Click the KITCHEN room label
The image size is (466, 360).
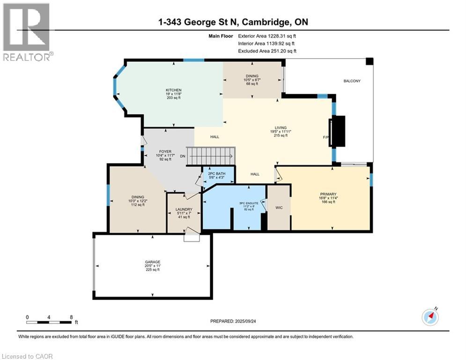click(x=173, y=90)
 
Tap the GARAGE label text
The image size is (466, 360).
click(x=153, y=262)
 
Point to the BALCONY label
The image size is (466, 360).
click(x=352, y=81)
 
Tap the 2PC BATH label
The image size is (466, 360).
click(x=216, y=173)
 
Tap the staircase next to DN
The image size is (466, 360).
click(x=211, y=156)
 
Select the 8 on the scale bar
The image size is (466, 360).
click(x=71, y=317)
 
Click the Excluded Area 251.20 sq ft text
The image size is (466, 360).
click(x=267, y=51)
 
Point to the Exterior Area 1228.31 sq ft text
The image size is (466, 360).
click(x=267, y=35)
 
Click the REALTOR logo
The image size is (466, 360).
click(x=28, y=32)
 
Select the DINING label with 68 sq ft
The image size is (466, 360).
click(x=252, y=76)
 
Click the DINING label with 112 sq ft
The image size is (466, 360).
click(x=138, y=197)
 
